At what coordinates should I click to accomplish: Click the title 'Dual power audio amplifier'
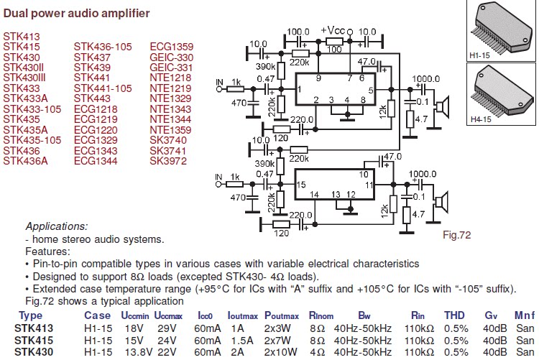point(77,13)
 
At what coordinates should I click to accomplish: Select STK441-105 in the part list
point(103,88)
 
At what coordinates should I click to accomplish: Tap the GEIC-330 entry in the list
point(172,57)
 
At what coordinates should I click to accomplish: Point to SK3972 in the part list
point(168,161)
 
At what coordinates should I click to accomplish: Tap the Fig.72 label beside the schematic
point(456,234)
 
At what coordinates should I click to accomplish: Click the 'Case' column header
point(97,315)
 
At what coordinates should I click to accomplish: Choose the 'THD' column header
point(454,315)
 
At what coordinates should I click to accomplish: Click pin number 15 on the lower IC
point(302,184)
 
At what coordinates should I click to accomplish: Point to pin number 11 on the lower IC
point(369,184)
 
